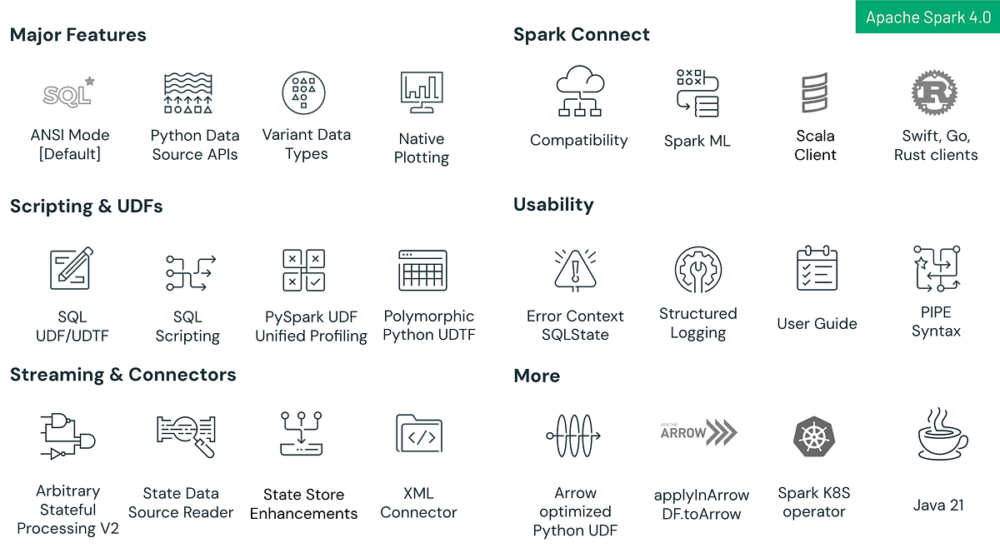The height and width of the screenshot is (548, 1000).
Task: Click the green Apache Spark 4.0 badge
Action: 927,17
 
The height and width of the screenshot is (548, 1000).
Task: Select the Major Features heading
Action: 78,35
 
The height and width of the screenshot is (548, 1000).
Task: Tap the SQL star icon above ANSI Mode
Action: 68,93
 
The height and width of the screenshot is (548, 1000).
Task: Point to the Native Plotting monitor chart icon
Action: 422,92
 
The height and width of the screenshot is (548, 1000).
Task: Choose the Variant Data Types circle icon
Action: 304,92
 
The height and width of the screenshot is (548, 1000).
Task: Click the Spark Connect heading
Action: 582,35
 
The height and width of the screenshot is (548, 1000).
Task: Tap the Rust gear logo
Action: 935,92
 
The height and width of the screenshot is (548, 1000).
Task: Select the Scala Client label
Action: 815,145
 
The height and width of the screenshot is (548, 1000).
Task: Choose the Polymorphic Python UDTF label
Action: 429,326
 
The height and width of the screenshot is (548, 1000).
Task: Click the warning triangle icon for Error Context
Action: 575,269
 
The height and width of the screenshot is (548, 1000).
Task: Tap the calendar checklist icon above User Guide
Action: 817,268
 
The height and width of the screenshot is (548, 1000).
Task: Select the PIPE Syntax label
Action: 936,321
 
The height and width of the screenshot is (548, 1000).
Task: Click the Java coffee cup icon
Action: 938,435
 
